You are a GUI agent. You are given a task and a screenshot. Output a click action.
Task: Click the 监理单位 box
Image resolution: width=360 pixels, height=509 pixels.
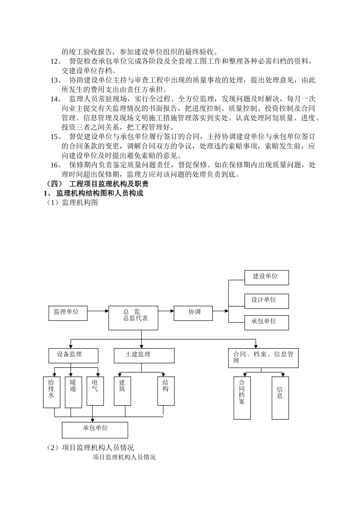click(x=68, y=313)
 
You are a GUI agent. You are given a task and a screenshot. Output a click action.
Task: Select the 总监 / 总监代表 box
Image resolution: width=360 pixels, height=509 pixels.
click(x=133, y=318)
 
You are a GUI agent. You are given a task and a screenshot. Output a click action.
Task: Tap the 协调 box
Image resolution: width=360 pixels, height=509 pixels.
click(x=193, y=313)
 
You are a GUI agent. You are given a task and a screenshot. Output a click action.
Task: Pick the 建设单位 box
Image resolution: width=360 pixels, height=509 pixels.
click(x=266, y=278)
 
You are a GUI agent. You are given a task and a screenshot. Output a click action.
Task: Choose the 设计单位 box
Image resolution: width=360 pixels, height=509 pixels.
click(x=266, y=301)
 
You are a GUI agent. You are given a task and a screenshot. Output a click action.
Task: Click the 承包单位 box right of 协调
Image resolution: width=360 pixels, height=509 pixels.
click(x=266, y=322)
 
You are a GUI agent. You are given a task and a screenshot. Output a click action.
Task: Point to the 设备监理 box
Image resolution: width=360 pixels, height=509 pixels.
click(x=73, y=356)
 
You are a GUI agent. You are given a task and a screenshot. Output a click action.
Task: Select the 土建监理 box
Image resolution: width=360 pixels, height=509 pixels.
click(x=144, y=356)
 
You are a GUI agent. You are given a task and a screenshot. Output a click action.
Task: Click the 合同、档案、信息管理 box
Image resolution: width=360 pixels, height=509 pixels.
click(x=263, y=358)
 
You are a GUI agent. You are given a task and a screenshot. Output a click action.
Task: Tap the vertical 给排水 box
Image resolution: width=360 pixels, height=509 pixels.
click(x=52, y=392)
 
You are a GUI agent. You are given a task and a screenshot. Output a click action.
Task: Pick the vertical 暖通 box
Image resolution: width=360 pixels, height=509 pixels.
click(x=74, y=392)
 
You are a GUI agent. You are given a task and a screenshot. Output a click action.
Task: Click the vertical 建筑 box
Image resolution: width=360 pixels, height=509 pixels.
click(x=122, y=391)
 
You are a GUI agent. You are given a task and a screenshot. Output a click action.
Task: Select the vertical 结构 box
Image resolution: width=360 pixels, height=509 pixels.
click(x=166, y=391)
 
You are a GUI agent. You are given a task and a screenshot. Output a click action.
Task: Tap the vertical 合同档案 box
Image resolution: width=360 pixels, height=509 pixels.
click(x=242, y=398)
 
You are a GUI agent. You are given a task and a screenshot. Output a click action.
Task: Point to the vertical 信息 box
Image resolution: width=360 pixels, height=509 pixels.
click(x=280, y=398)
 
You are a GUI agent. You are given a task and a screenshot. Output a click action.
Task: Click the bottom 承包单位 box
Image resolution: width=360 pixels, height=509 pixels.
click(x=95, y=430)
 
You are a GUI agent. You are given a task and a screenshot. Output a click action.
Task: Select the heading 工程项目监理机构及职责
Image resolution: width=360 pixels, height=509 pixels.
click(x=109, y=184)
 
